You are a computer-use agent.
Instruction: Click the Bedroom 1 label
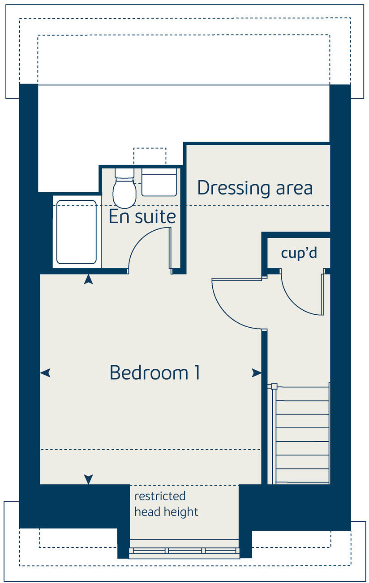coord(154,372)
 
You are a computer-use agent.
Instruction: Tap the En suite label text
coord(142,217)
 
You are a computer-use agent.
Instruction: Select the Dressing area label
coord(254,188)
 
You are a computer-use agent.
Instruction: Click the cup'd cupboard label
coord(299,253)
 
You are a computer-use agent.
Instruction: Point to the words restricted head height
coord(166,504)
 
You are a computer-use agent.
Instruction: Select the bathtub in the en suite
coord(77,232)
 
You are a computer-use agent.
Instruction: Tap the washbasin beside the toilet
coord(159,182)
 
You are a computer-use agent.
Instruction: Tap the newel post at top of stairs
coord(274,386)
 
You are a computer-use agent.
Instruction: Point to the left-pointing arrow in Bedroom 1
coord(45,372)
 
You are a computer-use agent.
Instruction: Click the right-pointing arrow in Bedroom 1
coord(257,372)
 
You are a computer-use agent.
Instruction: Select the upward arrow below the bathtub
coord(89,280)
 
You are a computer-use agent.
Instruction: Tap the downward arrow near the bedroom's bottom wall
coord(89,479)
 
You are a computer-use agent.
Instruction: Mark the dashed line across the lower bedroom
coord(150,449)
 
